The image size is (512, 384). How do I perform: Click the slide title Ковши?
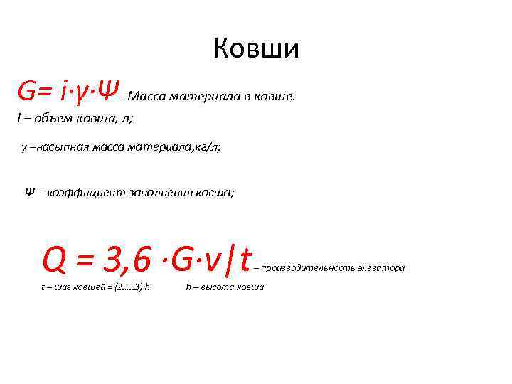[x=256, y=48]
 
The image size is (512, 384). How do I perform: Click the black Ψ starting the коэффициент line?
[x=30, y=193]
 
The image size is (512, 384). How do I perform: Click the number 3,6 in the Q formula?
[x=127, y=260]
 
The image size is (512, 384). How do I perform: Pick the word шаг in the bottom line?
[x=68, y=287]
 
